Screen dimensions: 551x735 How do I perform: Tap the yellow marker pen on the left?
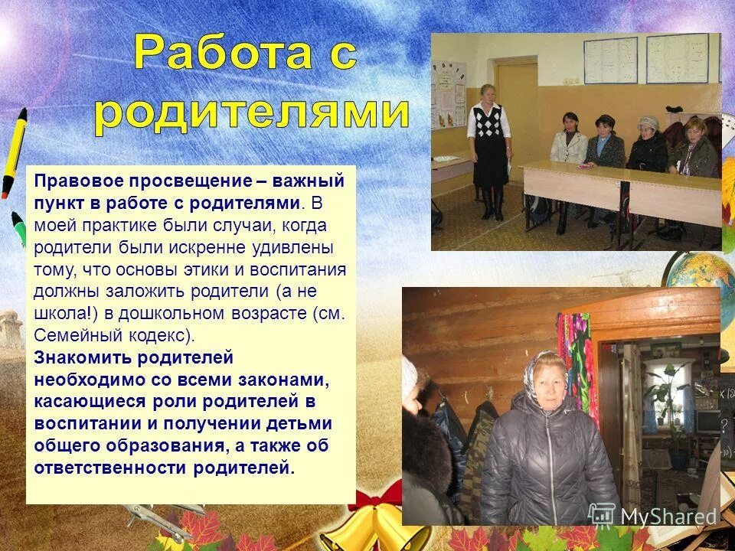click(x=14, y=153)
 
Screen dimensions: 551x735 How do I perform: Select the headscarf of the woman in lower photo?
click(x=539, y=371)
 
